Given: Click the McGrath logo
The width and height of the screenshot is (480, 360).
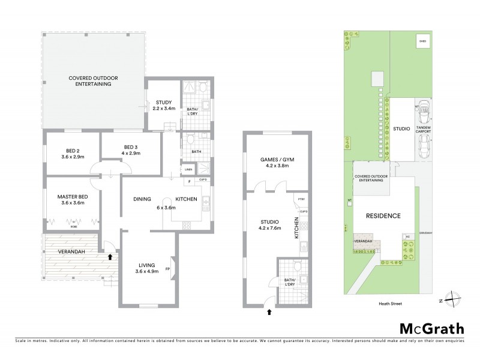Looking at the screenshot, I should (431, 328).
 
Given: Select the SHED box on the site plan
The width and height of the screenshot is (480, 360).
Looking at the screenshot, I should (422, 41).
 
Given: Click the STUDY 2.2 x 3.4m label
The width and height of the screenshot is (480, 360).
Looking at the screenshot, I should (164, 106).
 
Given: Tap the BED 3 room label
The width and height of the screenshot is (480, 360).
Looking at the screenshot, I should (131, 151).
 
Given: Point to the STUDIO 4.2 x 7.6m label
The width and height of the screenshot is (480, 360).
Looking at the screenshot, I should (271, 224).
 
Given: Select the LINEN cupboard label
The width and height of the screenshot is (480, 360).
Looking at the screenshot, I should (188, 170).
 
